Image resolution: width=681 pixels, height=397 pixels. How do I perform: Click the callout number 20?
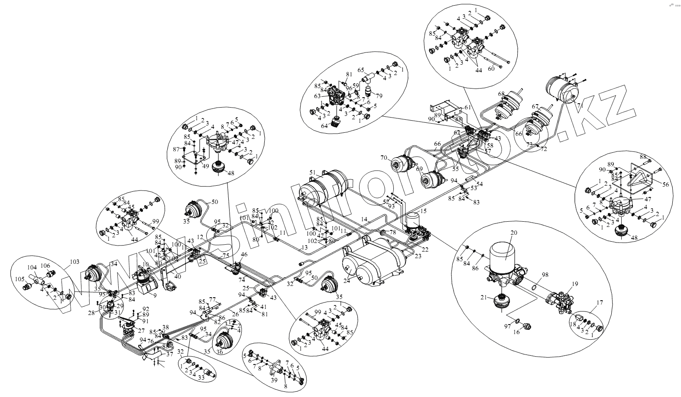514,233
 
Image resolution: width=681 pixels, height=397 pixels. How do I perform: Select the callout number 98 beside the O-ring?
545,275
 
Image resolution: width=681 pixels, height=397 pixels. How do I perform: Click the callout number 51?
312,172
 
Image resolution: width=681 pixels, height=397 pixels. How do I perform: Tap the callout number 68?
501,93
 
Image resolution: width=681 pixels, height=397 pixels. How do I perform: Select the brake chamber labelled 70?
402,164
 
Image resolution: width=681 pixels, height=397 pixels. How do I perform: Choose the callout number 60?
491,69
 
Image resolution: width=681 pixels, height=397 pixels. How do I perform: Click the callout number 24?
346,280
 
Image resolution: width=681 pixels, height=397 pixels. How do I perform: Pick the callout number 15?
423,211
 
